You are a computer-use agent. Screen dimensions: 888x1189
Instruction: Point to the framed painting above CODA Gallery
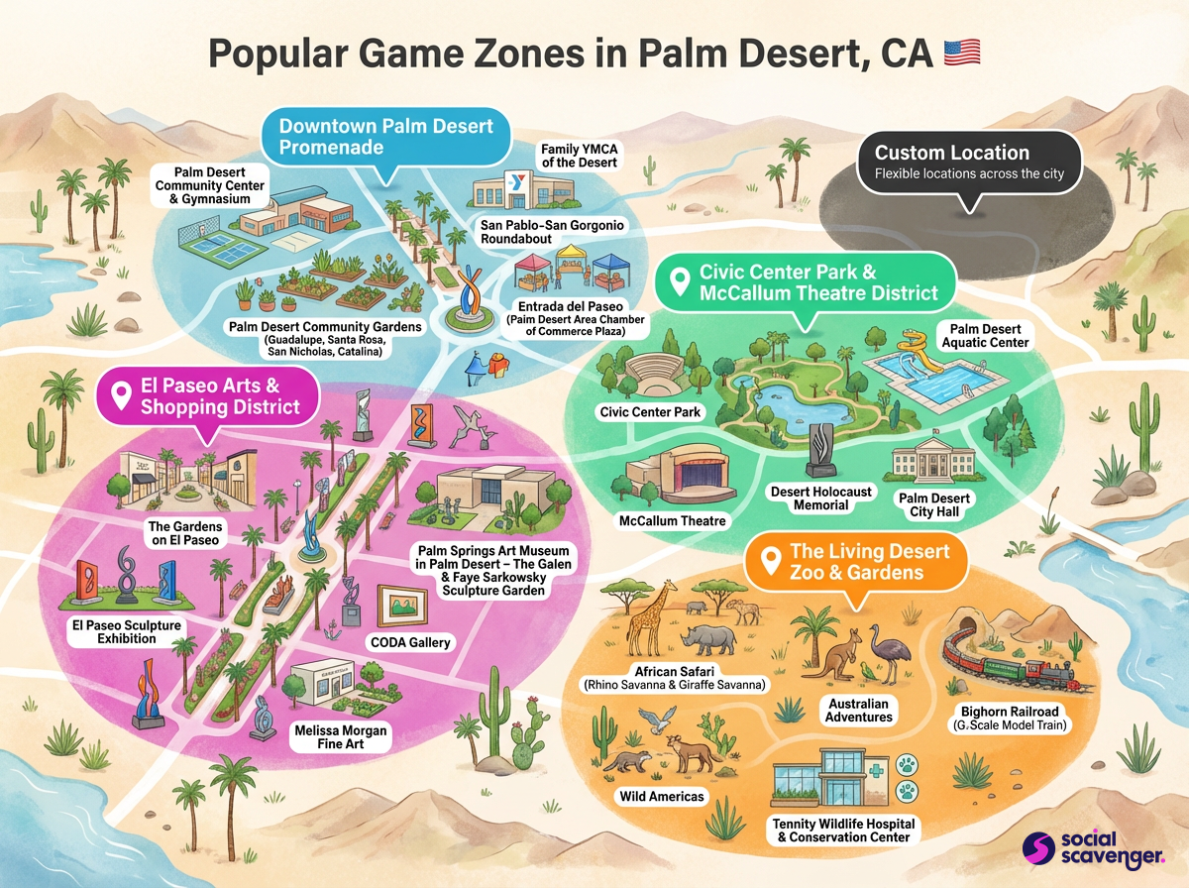pyautogui.click(x=405, y=606)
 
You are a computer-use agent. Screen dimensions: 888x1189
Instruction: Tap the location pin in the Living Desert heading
pyautogui.click(x=769, y=562)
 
